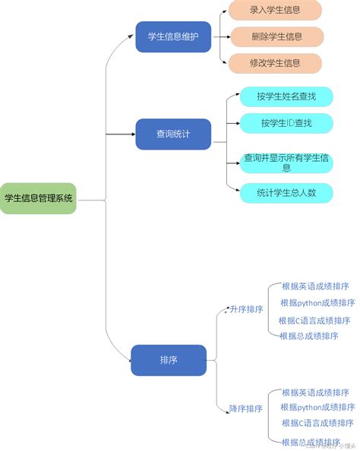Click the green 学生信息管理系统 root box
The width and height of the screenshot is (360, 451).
(x=39, y=199)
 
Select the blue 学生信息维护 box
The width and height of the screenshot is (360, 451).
(x=173, y=37)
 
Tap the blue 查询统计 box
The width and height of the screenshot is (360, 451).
(x=173, y=134)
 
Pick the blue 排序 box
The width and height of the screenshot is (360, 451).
(x=169, y=360)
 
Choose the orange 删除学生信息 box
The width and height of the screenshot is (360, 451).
(x=276, y=36)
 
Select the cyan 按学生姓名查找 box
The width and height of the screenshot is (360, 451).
(x=286, y=96)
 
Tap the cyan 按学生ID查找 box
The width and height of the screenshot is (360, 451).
(x=286, y=122)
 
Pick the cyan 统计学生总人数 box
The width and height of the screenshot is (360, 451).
(x=286, y=193)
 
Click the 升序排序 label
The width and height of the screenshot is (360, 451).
(x=246, y=310)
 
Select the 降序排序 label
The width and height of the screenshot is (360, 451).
(x=246, y=408)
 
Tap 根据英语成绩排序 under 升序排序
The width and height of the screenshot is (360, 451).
(x=315, y=286)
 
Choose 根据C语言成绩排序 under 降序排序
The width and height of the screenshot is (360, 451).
(x=317, y=423)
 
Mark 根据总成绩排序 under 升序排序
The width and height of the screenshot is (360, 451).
(x=309, y=336)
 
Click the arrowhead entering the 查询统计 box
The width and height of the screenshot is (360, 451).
(x=132, y=134)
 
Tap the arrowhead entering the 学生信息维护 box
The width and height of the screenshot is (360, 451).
(x=132, y=37)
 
